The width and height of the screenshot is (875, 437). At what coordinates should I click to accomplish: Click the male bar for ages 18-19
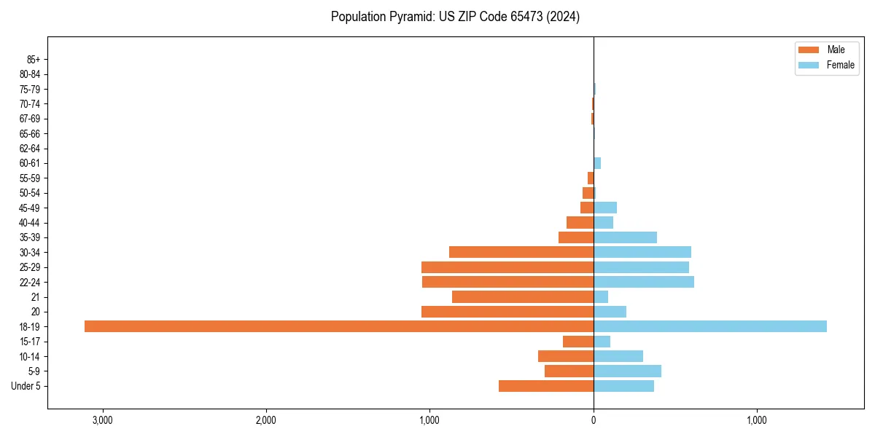339,326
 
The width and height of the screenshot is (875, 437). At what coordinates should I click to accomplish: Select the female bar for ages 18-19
710,326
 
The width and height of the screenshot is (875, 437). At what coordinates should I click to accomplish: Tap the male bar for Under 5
546,386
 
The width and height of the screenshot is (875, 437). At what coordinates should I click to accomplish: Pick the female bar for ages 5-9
627,371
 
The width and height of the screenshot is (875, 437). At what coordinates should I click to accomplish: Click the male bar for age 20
507,312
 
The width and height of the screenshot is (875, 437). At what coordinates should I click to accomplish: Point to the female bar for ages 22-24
644,282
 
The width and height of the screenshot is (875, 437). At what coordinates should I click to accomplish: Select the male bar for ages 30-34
521,252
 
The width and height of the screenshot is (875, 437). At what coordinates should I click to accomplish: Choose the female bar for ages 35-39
625,237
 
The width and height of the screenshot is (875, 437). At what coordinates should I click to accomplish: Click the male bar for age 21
523,296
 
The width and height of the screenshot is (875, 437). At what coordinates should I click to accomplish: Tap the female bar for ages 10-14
618,356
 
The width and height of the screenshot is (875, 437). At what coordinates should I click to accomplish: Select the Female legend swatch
809,65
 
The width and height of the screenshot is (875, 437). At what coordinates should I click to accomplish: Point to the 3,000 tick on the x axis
102,420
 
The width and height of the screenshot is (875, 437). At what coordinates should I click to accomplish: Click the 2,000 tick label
265,420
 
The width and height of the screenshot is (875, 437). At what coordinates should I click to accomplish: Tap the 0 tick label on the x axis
594,420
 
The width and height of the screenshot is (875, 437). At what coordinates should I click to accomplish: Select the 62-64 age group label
30,149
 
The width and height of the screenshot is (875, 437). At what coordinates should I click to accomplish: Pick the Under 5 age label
26,386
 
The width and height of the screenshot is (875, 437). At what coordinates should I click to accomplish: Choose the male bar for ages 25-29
507,267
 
